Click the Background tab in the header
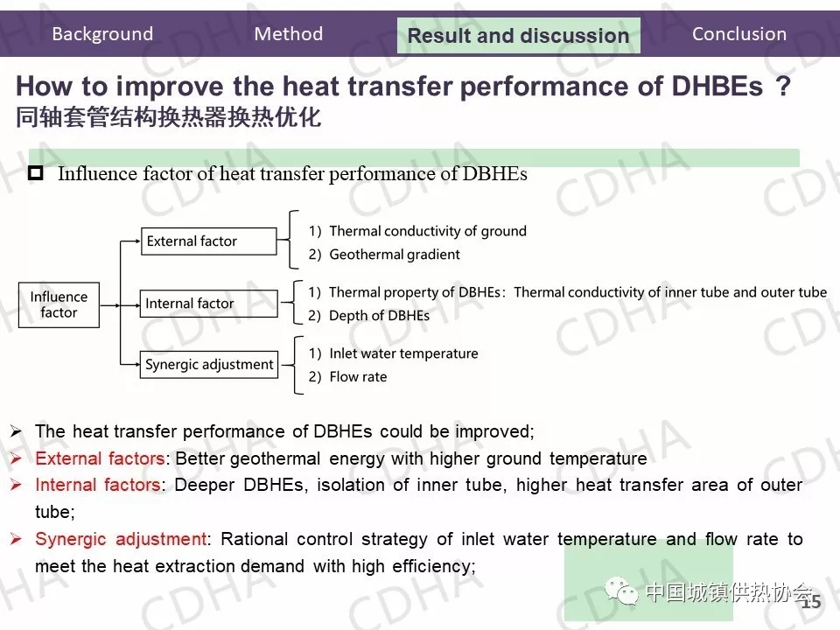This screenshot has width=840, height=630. pos(102,34)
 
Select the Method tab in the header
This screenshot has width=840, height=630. pos(288,34)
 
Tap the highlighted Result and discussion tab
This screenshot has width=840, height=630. pos(519,35)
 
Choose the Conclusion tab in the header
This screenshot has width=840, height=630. pos(739,34)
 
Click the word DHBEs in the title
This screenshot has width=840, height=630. pos(717,86)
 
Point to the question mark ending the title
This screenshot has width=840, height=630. pos(783,86)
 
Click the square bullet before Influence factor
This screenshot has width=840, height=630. pos(36,173)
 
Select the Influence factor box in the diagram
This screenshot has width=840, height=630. pos(59,304)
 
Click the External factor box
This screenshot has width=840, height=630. pos(209,241)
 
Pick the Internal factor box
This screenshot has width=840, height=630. pos(209,304)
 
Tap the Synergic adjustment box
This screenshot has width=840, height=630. pos(209,364)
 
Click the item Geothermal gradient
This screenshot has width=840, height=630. pos(395,255)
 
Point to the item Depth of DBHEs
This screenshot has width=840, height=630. pos(379,316)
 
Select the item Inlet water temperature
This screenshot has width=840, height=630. pos(403,353)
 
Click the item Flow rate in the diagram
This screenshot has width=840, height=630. pos(358,376)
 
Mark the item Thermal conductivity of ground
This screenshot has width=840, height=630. pos(428,231)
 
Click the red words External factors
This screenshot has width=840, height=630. pos(100,458)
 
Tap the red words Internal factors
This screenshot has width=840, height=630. pos(97,485)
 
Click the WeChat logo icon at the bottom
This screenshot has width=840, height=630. pos(621,591)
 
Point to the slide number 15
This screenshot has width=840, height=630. pos(811,602)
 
